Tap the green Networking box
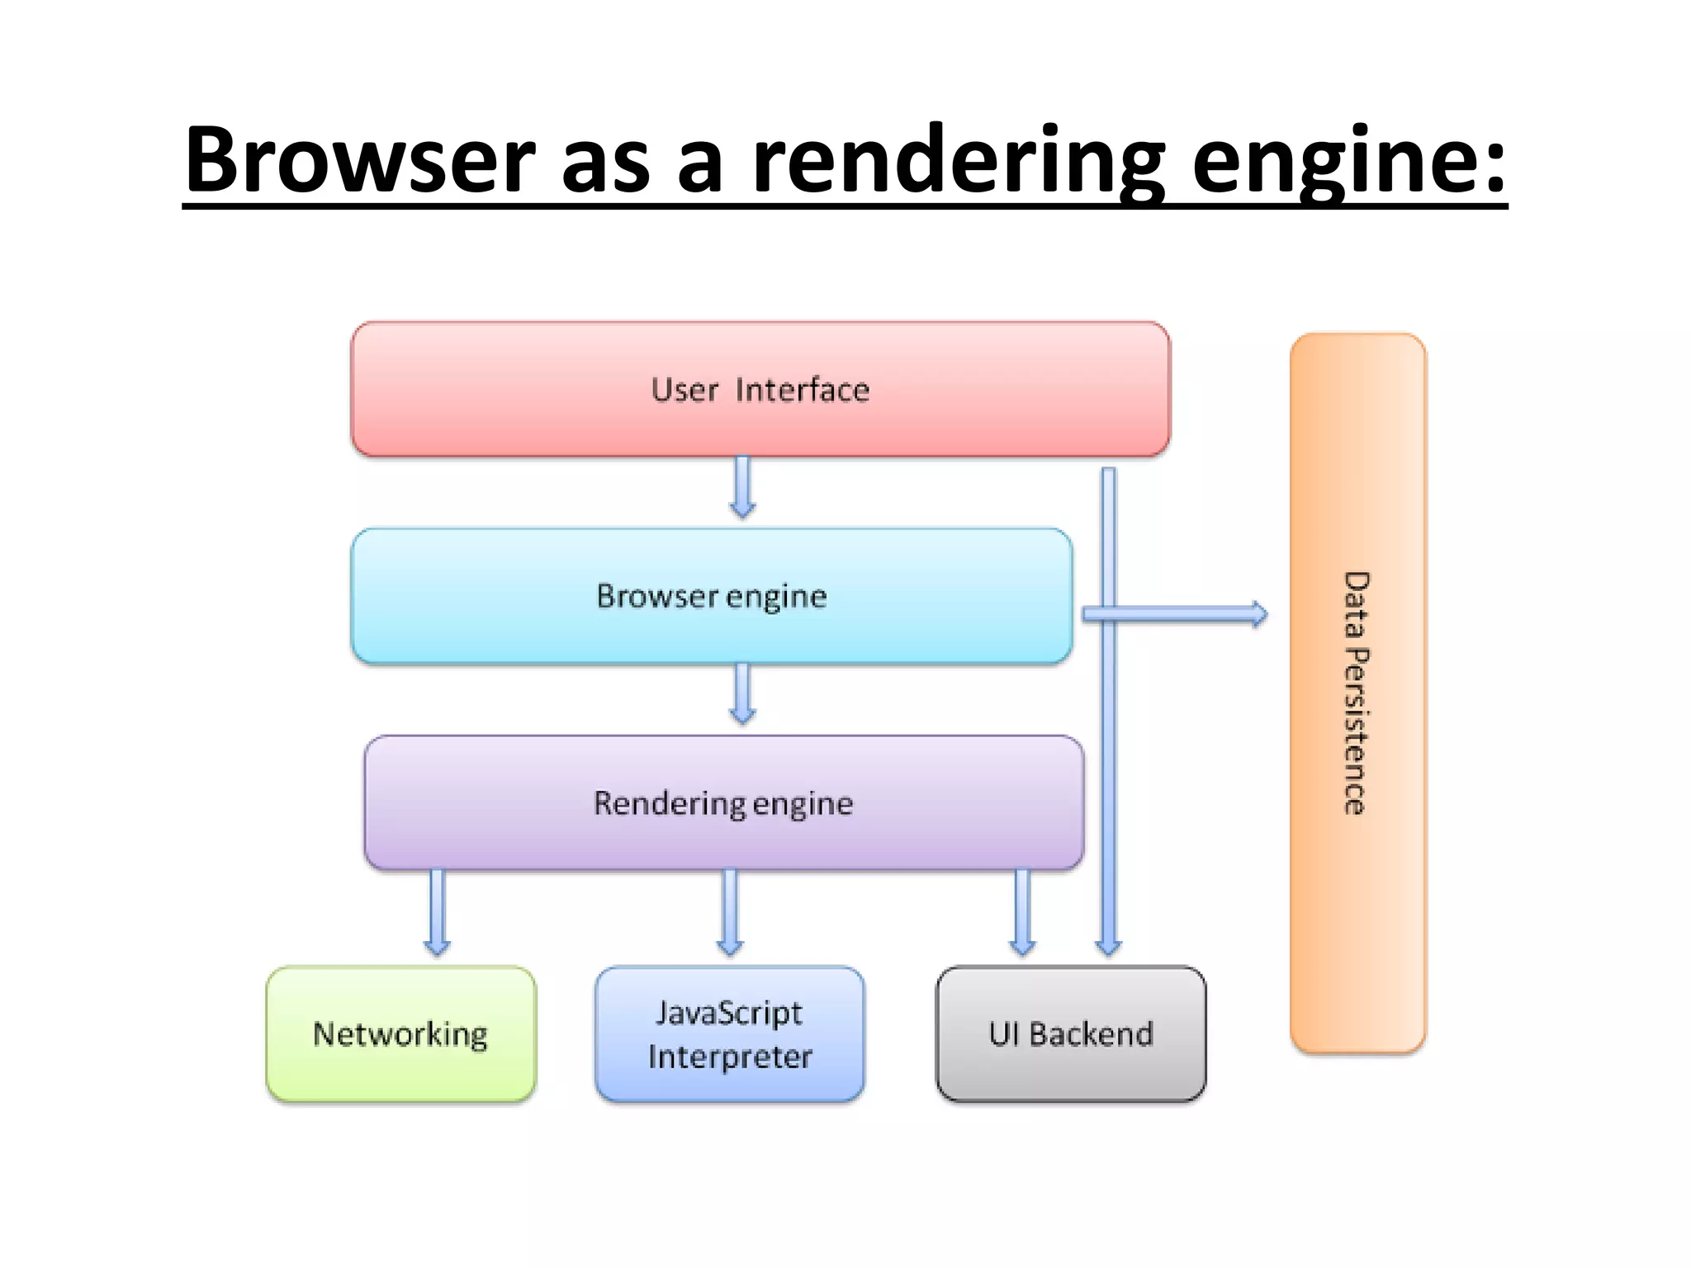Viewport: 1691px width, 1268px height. [400, 1034]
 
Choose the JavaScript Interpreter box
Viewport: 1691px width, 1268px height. [729, 1034]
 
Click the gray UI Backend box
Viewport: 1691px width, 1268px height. [1071, 1034]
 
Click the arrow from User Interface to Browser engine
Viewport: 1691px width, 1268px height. [742, 487]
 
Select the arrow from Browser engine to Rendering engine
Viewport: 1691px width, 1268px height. [742, 693]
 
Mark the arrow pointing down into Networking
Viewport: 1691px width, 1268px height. [437, 912]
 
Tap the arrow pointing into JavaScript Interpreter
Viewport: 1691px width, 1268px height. [729, 912]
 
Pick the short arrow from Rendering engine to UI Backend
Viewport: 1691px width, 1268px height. [1022, 912]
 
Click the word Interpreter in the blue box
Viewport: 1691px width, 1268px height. [730, 1057]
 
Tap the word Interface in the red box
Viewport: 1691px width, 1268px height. [802, 390]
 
